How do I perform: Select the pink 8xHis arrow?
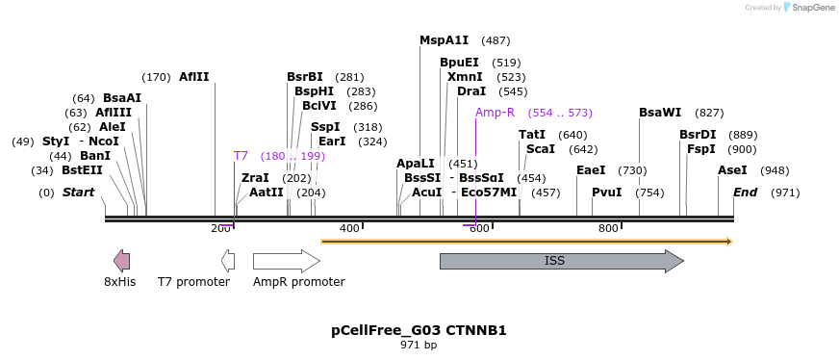point(121,260)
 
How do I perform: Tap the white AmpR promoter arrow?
point(286,261)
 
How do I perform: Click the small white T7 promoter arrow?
point(228,260)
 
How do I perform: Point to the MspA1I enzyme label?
point(444,40)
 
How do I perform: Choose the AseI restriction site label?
point(732,170)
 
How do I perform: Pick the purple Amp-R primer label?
point(495,113)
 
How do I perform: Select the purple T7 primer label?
point(241,156)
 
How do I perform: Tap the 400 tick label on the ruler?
point(349,228)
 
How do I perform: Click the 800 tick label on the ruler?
point(608,228)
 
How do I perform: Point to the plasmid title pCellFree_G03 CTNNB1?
point(419,330)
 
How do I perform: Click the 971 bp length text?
point(419,345)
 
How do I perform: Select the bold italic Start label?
point(78,193)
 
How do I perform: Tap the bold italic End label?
point(745,193)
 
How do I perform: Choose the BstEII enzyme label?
point(82,170)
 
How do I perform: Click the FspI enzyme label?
point(700,149)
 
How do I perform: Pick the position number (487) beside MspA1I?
point(496,40)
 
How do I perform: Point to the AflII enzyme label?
point(193,77)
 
